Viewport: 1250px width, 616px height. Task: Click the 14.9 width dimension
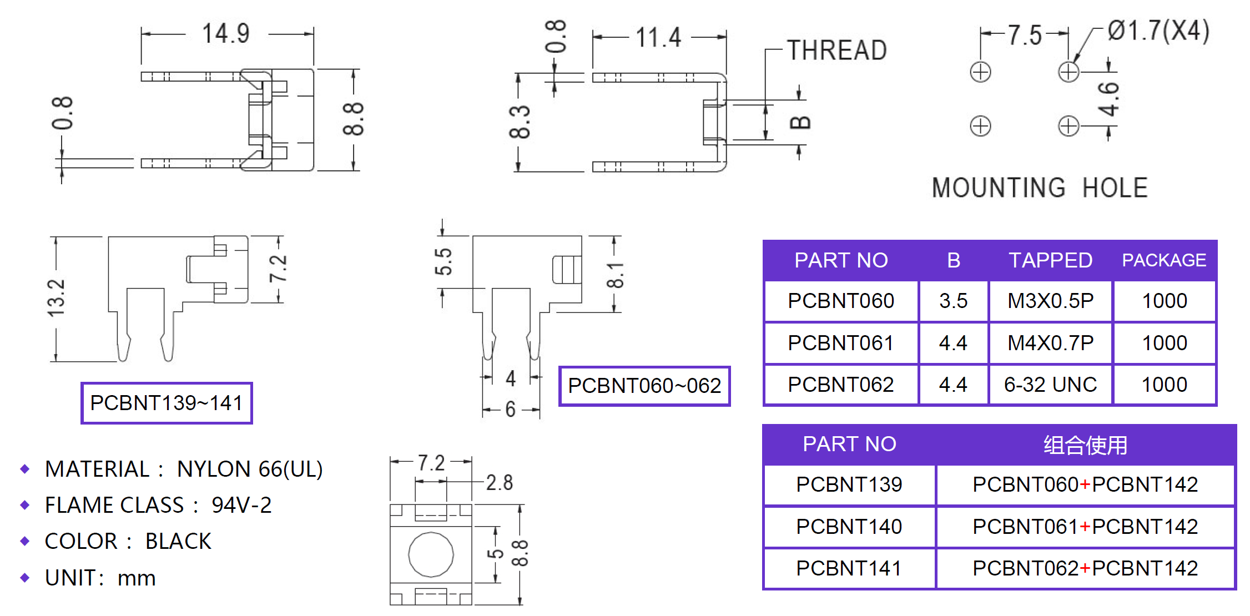coord(226,34)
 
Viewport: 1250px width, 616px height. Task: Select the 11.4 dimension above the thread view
coord(658,38)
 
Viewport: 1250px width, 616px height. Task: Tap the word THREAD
coord(836,51)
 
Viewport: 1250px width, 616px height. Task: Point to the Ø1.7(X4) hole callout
coord(1158,31)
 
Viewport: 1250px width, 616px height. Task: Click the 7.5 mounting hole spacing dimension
coord(1025,36)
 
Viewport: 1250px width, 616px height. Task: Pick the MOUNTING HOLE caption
coord(1040,188)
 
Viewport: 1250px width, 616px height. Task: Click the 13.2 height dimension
coord(57,298)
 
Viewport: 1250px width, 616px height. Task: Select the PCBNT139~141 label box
coord(167,403)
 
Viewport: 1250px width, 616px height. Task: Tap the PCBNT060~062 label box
coord(644,386)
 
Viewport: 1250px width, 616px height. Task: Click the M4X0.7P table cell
coord(1050,343)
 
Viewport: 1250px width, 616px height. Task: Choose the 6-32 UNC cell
coord(1050,385)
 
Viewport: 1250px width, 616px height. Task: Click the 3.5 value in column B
coord(953,301)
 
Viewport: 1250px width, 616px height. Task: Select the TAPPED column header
coord(1050,260)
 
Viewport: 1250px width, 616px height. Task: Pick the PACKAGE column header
coord(1164,260)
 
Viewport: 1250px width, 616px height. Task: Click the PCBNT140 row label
coord(849,527)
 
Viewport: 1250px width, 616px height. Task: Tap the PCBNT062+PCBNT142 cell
coord(1085,568)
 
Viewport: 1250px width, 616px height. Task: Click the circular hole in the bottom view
coord(431,554)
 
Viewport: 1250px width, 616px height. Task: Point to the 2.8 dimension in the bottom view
coord(499,483)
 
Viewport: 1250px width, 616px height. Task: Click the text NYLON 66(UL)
coord(249,469)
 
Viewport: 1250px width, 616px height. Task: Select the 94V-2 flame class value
coord(241,506)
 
